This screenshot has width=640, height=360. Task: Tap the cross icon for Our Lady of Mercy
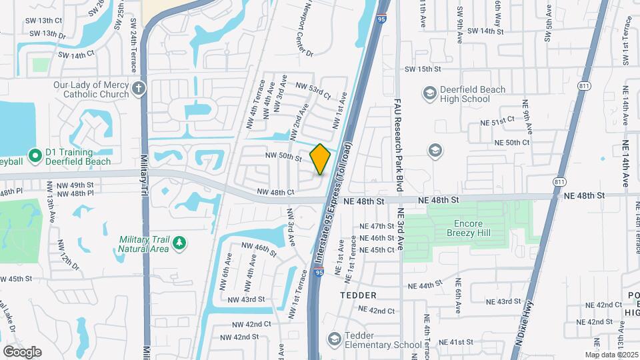(139, 89)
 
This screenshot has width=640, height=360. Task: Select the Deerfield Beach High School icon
(429, 93)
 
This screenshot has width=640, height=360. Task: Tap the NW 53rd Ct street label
(313, 91)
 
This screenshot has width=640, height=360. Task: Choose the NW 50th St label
(284, 157)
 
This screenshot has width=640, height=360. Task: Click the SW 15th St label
(423, 69)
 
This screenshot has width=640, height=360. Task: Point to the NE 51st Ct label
(498, 121)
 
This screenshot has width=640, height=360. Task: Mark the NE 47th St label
(377, 227)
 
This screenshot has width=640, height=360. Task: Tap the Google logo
(22, 352)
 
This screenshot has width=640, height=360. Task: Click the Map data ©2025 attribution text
(611, 355)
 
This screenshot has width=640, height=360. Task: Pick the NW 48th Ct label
(275, 193)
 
